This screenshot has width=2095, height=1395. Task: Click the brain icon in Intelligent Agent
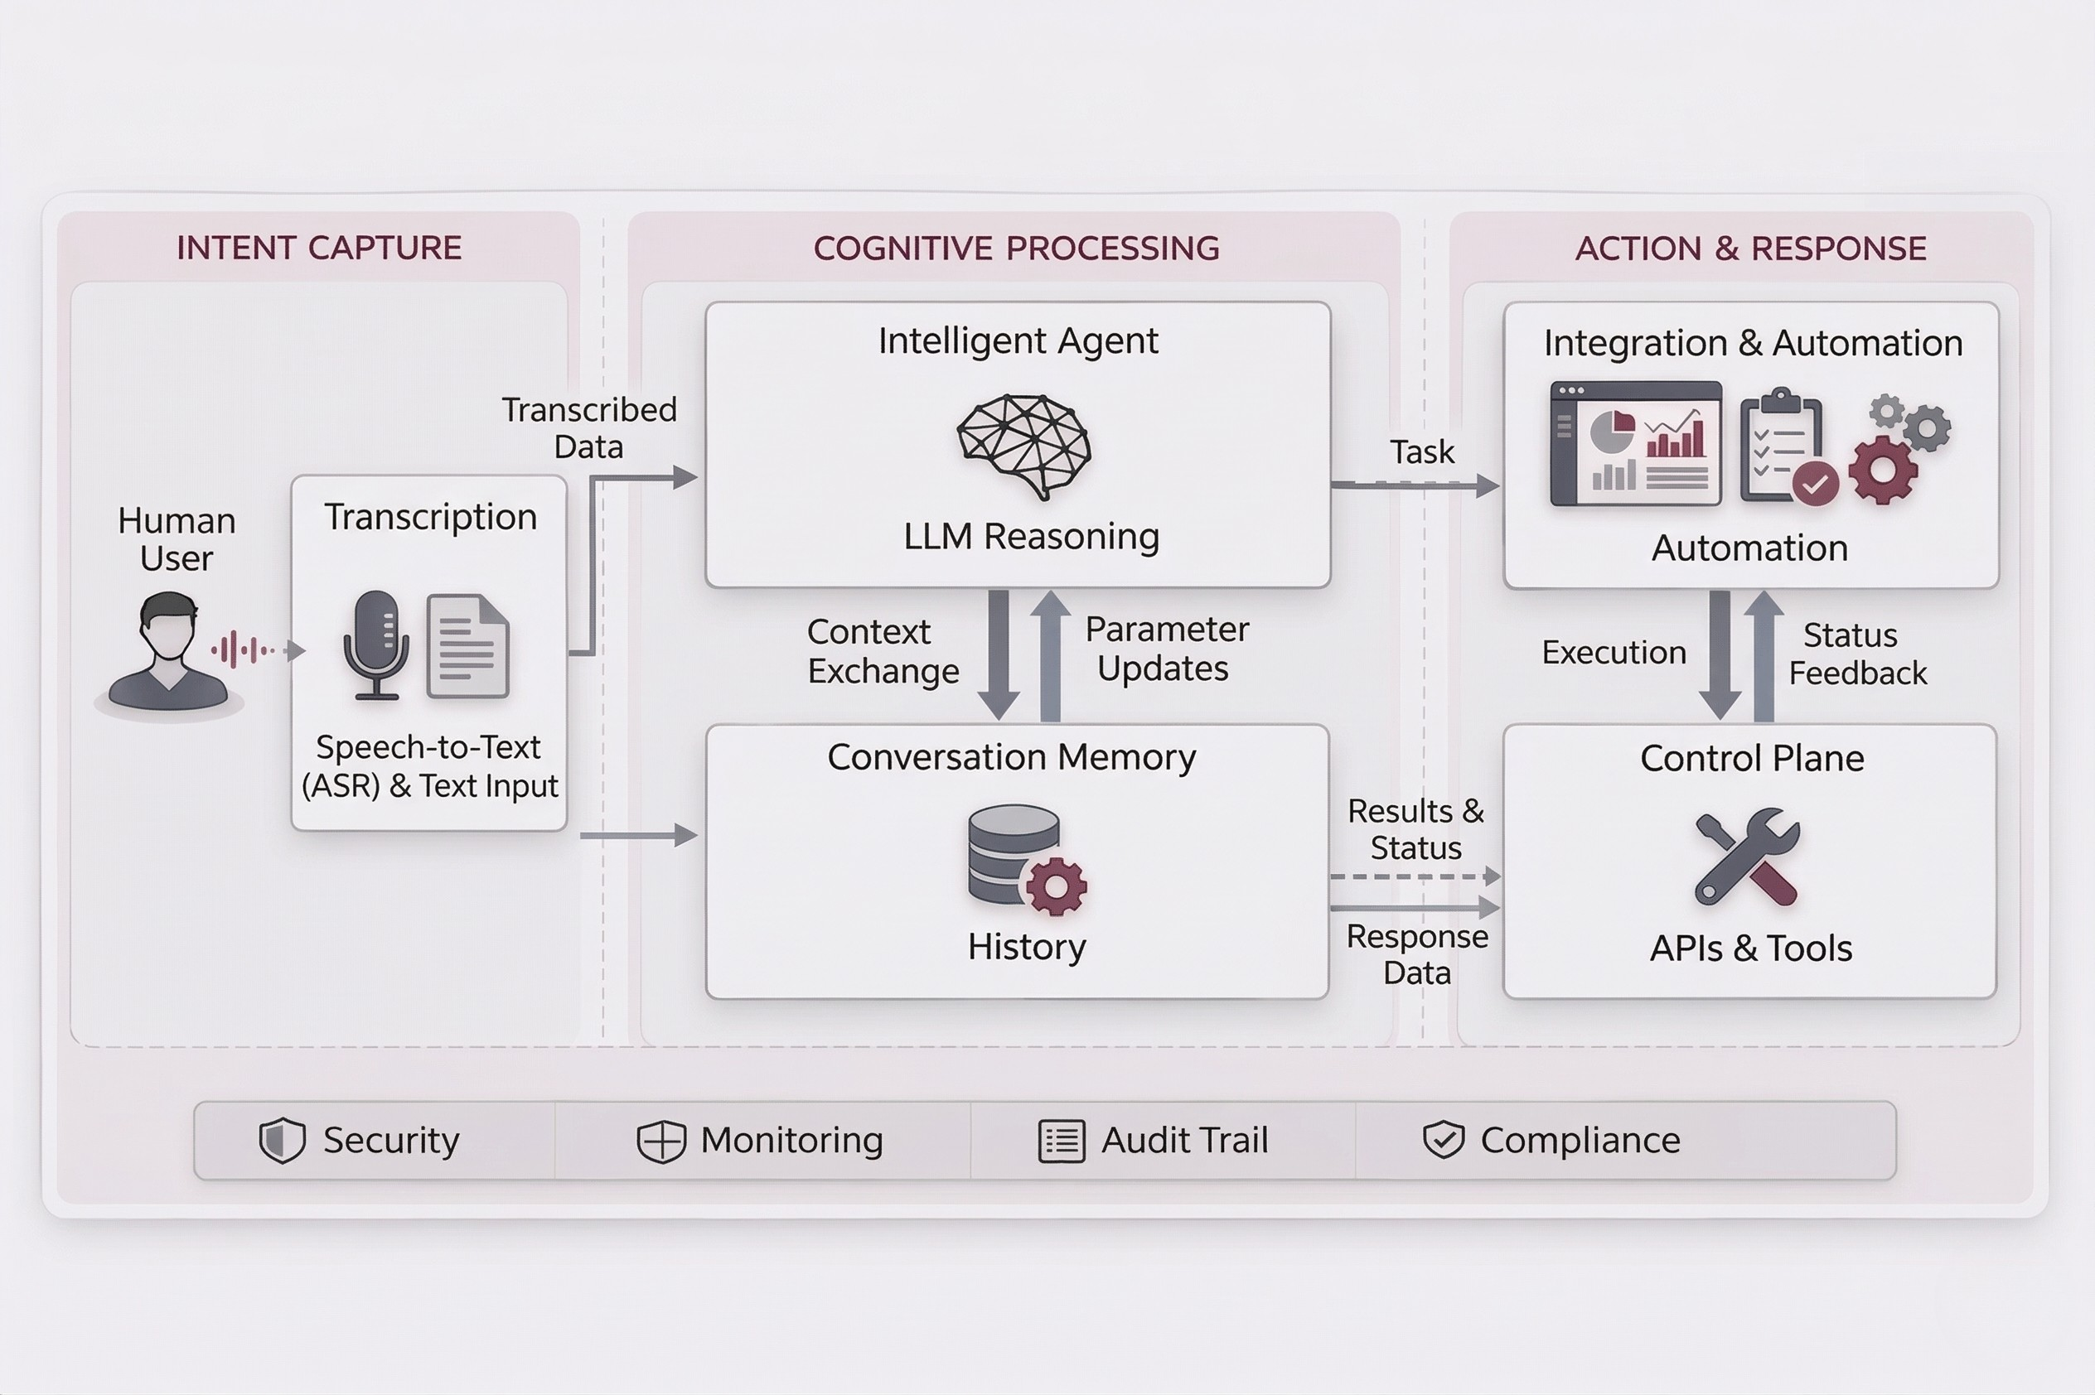click(1023, 445)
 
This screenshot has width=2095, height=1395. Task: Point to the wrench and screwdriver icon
click(1747, 856)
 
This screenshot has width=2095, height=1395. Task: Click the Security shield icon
click(282, 1140)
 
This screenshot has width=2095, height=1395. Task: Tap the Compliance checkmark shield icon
click(1443, 1140)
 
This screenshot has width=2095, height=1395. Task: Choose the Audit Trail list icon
click(1062, 1141)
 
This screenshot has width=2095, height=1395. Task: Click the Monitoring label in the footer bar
click(791, 1140)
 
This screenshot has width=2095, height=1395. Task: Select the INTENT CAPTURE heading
click(318, 248)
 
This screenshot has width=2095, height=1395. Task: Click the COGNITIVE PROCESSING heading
click(1015, 249)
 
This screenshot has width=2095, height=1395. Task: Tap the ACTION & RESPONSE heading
click(1750, 249)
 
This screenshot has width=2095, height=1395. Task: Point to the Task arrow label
click(1421, 452)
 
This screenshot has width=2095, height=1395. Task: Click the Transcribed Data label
click(588, 428)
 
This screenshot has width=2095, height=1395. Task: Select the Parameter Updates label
click(1166, 649)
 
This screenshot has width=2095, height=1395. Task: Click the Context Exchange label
click(882, 651)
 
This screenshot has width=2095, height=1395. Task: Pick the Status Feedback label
click(1856, 654)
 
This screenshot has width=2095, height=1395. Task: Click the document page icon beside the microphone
click(468, 646)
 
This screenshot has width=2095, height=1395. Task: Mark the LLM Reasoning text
click(1031, 537)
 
